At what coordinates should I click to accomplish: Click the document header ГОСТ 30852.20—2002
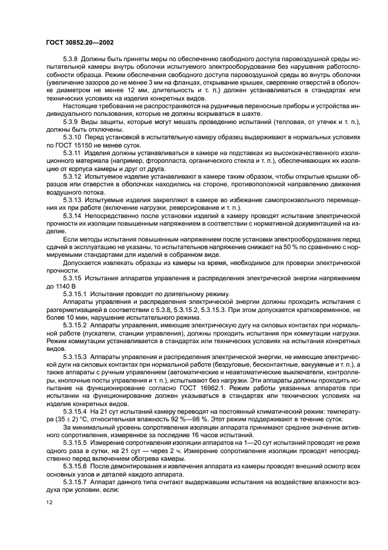point(79,43)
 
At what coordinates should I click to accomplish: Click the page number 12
point(49,502)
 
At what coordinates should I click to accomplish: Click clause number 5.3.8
point(70,61)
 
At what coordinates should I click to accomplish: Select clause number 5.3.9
point(70,121)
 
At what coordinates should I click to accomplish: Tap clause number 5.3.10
point(72,137)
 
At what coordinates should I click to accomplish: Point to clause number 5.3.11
point(72,152)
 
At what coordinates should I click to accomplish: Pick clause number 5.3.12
point(72,176)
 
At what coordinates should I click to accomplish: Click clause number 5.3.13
point(72,200)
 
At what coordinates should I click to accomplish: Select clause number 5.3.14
point(72,216)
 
